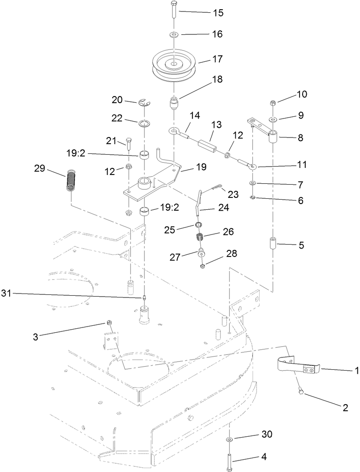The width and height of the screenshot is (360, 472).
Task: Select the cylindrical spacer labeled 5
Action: tap(273, 244)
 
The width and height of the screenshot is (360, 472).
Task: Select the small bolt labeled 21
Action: tap(129, 144)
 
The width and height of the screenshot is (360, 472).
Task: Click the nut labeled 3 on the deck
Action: tap(108, 323)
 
